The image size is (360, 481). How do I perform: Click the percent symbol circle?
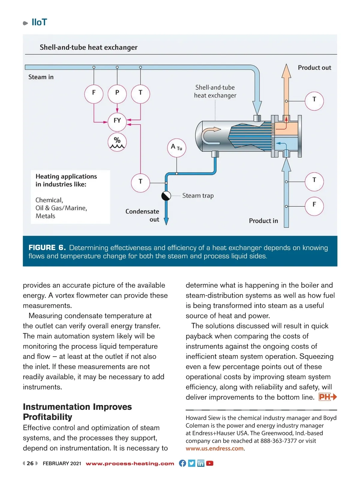(x=117, y=142)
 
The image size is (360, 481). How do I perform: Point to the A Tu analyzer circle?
(x=176, y=148)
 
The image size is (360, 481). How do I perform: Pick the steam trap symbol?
(x=166, y=196)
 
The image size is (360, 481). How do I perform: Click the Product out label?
(x=314, y=68)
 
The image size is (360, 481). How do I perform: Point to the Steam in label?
(x=41, y=77)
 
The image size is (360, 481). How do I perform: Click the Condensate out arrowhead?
(x=166, y=221)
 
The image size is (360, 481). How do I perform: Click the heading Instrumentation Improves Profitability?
(x=77, y=412)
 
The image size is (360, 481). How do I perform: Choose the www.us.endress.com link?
(x=214, y=448)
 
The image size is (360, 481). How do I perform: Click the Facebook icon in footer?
(x=182, y=463)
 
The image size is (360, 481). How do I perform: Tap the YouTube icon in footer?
(x=210, y=463)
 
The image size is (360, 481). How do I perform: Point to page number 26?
(x=30, y=463)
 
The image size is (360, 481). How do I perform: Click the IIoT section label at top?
(x=39, y=22)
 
